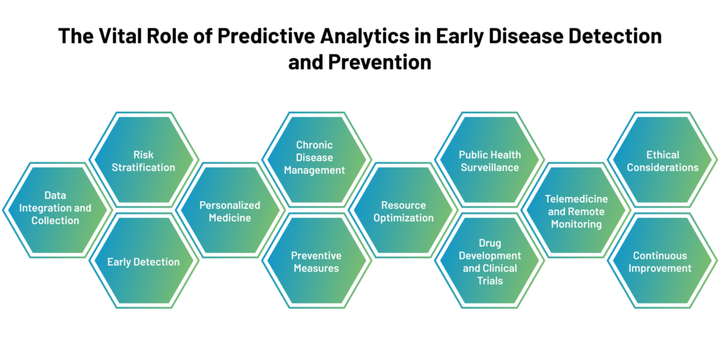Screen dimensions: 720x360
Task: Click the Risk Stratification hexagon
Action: point(143,160)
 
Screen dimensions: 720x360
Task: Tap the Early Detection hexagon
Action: point(143,260)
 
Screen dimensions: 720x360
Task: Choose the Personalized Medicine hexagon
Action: point(230,210)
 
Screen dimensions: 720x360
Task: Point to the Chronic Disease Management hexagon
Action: point(316,160)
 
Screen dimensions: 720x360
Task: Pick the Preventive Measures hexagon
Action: point(316,260)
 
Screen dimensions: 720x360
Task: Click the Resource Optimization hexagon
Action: point(403,210)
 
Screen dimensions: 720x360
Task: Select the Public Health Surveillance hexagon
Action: point(489,160)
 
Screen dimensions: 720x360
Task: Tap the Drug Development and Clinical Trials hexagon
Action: point(489,260)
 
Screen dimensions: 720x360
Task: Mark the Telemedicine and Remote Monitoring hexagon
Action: point(576,210)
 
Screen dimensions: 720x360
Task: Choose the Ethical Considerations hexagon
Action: point(662,160)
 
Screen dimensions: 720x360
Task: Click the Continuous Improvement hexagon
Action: point(662,260)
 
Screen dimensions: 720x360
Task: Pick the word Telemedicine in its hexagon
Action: point(577,199)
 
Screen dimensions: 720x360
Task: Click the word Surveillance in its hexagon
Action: point(490,167)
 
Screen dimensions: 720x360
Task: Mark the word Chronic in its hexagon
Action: point(314,145)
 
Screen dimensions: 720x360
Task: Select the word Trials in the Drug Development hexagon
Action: point(490,281)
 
